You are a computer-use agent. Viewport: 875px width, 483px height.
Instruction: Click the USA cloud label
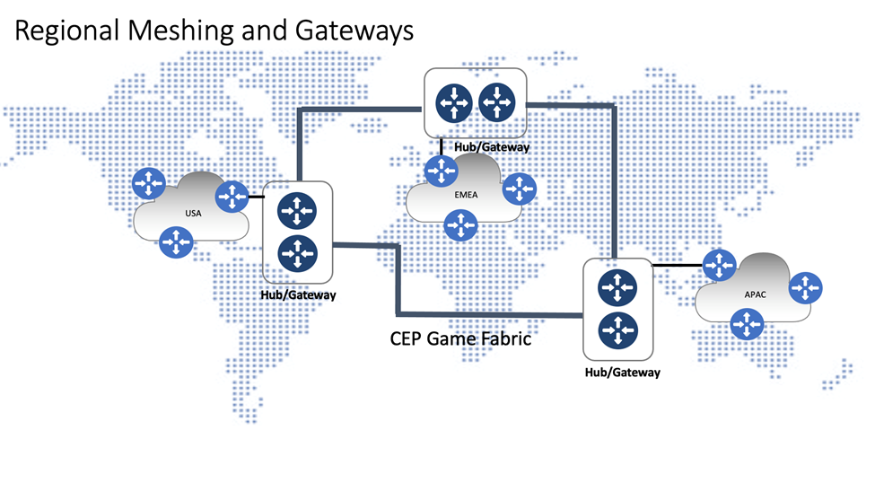pos(192,214)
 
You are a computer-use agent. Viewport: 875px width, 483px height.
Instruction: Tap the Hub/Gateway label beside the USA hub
pos(298,294)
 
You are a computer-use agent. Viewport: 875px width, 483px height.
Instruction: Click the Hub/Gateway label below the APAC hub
pos(622,372)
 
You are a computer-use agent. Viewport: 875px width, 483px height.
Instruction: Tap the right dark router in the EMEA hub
pos(495,101)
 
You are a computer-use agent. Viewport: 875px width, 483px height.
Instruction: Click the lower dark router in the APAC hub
pos(616,329)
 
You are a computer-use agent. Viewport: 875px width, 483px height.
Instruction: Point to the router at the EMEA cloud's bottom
pos(460,224)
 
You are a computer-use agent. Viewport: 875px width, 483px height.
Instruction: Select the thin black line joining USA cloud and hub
pos(255,196)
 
